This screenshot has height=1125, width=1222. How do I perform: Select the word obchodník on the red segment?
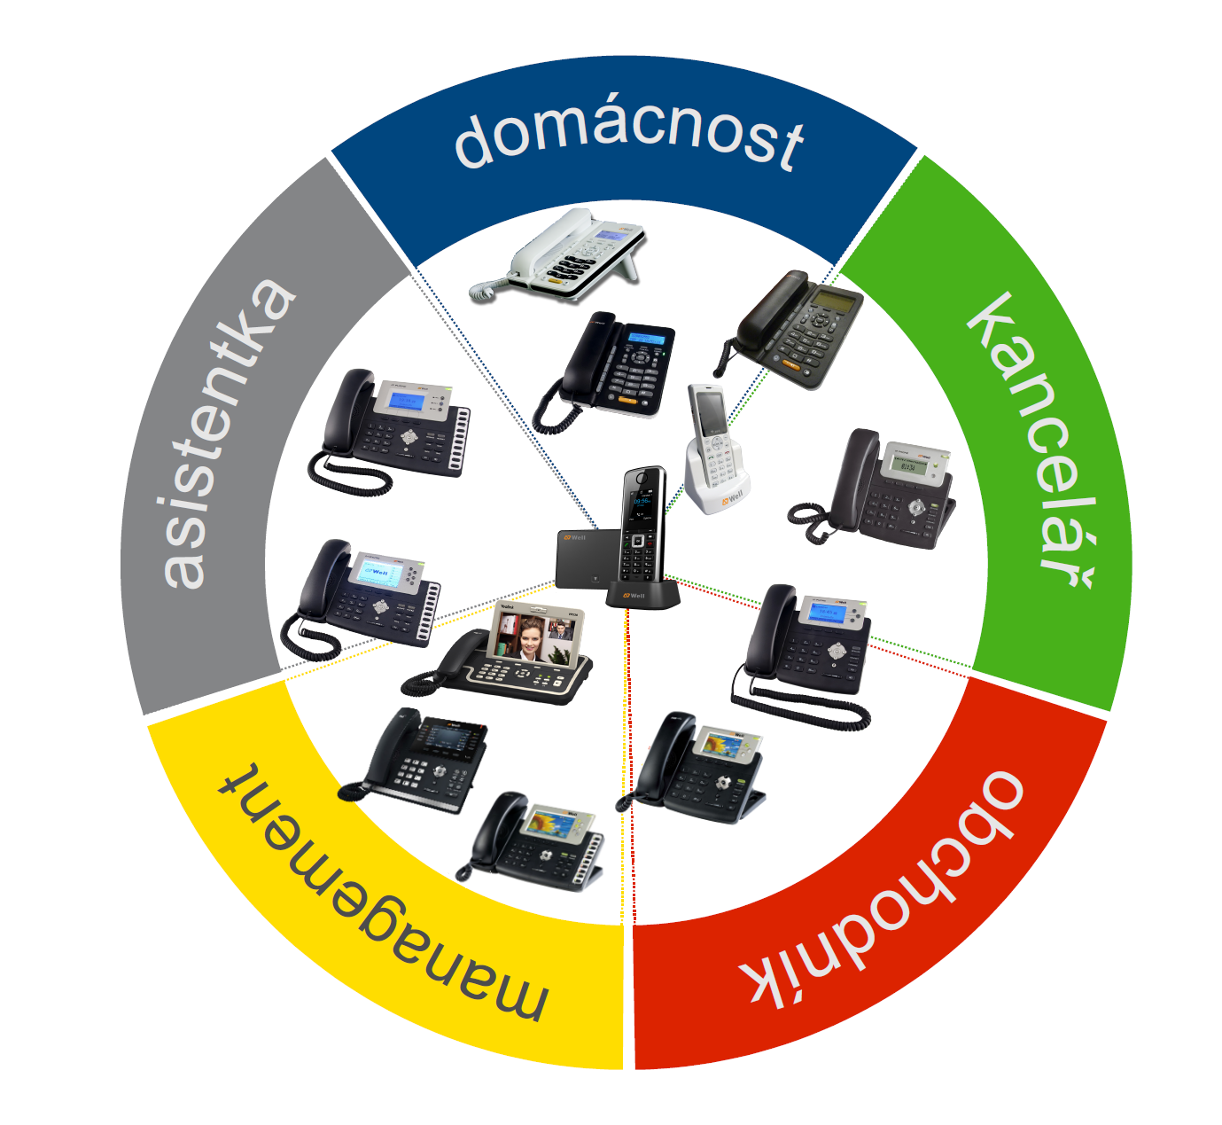pos(883,891)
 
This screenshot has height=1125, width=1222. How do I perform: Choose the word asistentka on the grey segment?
pos(228,434)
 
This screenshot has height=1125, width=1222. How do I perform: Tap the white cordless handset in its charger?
pos(714,449)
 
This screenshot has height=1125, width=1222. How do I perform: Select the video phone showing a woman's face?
pos(497,652)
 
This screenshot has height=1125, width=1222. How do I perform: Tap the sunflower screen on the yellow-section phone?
pos(552,824)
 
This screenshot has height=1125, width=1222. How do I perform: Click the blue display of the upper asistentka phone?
pos(407,400)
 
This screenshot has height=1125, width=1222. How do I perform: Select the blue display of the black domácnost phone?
pos(646,339)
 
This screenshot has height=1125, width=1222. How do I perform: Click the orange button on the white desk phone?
pos(556,281)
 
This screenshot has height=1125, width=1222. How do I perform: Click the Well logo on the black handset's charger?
pos(634,596)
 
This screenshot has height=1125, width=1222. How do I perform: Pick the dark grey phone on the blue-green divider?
pos(789,329)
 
